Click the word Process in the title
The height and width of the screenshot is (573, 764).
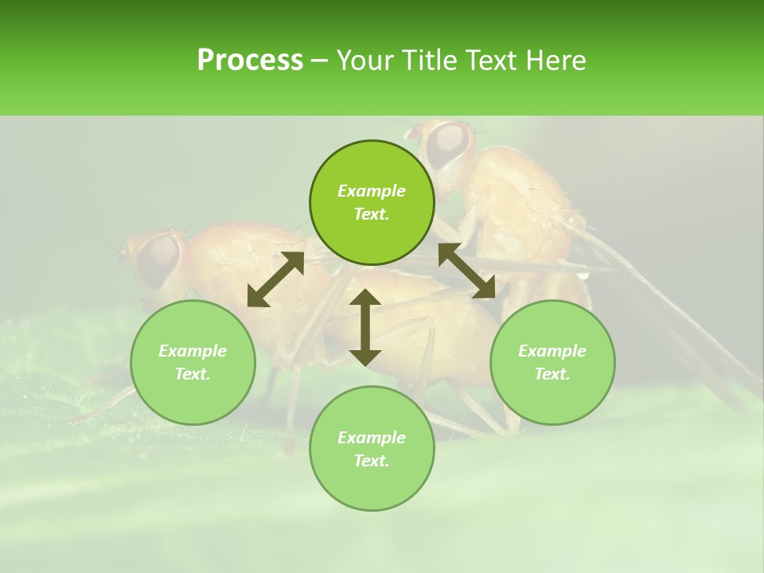[250, 60]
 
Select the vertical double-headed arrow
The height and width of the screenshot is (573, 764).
[365, 327]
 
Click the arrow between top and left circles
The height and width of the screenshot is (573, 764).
[275, 279]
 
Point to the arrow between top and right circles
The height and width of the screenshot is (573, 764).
[466, 271]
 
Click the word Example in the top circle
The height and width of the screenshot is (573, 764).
[372, 191]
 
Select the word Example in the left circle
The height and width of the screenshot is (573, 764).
[193, 351]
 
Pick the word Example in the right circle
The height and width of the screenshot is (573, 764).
[552, 351]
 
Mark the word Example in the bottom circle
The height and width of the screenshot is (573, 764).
[372, 438]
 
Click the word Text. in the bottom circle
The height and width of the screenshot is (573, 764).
[372, 461]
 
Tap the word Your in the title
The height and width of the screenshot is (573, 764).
[363, 60]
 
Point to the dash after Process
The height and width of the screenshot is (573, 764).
[320, 61]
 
